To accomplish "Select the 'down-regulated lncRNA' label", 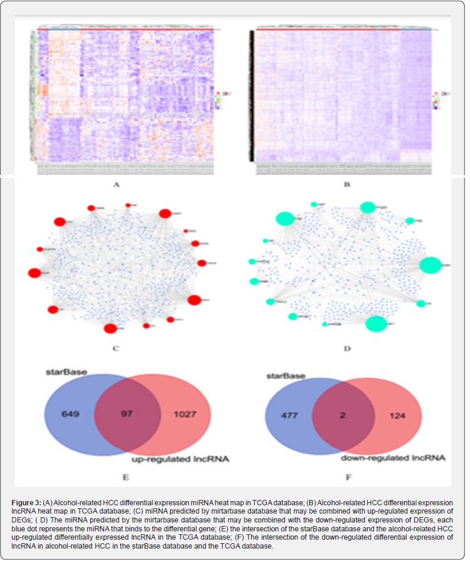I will point(393,458).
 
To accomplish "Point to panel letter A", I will point(116,184).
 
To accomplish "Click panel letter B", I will point(347,184).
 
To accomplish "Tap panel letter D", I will point(347,348).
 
